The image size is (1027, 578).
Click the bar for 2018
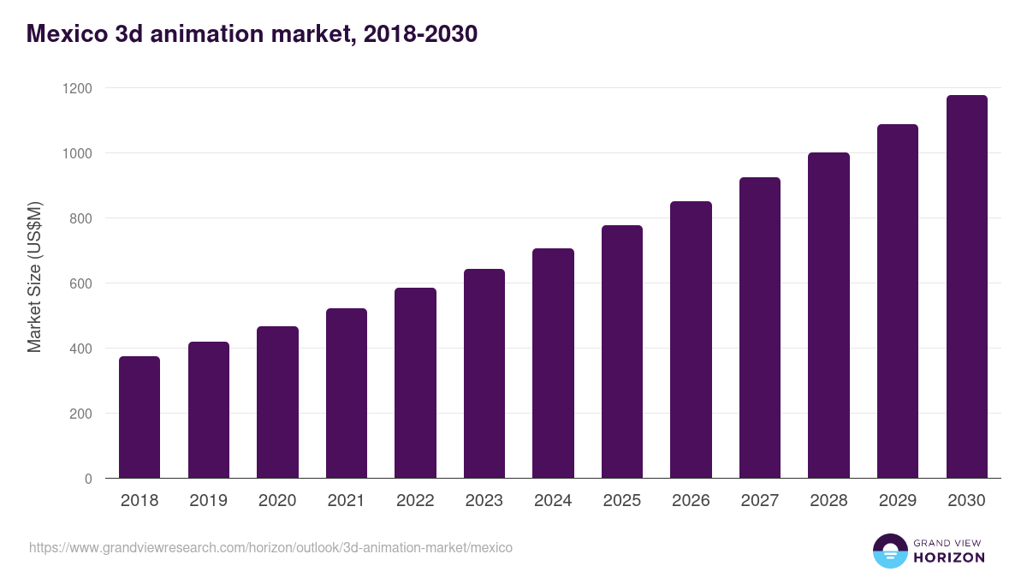[140, 417]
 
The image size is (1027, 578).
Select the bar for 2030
[966, 287]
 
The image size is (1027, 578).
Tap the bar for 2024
[553, 363]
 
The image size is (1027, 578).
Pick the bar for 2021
[346, 393]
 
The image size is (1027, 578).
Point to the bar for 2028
[828, 315]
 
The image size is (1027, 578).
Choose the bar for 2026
[691, 339]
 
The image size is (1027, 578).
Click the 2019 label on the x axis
[208, 501]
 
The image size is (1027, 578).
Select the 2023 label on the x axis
[484, 501]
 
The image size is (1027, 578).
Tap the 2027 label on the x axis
[759, 501]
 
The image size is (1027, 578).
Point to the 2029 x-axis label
[897, 501]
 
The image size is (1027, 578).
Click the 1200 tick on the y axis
[76, 88]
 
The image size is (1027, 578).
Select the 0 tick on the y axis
[88, 479]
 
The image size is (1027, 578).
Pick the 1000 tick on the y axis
[76, 153]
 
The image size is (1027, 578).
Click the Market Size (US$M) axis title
[34, 277]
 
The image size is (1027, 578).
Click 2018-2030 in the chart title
[419, 34]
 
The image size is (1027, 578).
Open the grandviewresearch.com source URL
[270, 547]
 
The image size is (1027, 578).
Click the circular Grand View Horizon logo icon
[889, 551]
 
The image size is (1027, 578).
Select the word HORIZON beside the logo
[949, 557]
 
